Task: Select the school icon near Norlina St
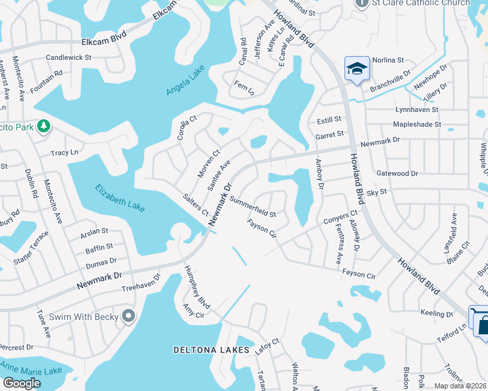point(357,68)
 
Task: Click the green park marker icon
point(44,124)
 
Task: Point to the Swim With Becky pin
point(128,317)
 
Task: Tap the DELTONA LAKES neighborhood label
point(211,350)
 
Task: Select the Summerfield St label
point(252,208)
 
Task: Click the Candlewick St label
point(69,57)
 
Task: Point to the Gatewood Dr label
point(397,173)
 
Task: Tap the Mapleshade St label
point(417,124)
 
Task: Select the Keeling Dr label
point(436,313)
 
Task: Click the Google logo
point(22,383)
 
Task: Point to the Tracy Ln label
point(65,152)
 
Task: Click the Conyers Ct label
point(341,218)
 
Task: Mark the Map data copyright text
point(460,386)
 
